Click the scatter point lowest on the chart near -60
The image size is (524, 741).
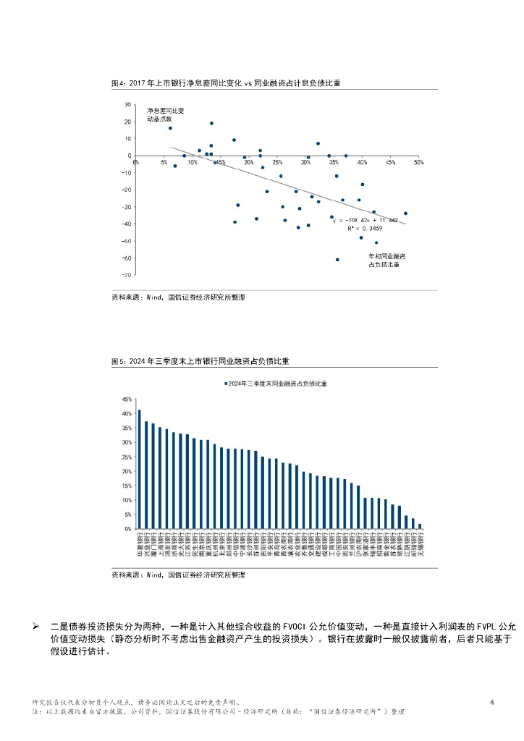coord(337,259)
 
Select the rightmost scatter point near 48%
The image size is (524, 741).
coord(405,213)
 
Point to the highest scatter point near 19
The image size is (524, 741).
coord(211,123)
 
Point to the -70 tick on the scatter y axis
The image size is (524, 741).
coord(127,276)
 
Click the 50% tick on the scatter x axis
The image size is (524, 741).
coord(418,163)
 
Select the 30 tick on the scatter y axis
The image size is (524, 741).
coord(128,104)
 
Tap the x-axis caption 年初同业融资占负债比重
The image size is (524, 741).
coord(386,261)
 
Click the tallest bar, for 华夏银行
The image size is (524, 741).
coord(140,469)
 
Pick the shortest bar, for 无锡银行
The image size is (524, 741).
coord(419,526)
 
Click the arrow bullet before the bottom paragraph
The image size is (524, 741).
coord(35,625)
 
